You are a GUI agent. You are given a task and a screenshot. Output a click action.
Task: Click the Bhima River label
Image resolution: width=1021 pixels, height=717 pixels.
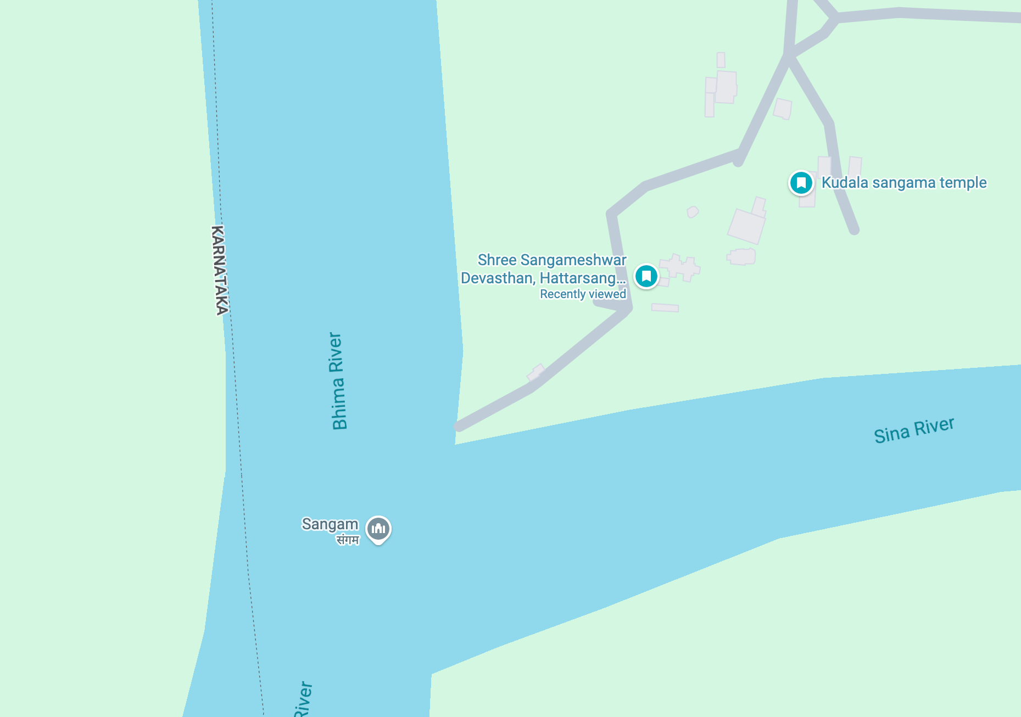(337, 381)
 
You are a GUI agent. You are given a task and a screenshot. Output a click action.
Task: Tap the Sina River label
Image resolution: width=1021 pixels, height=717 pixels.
(914, 430)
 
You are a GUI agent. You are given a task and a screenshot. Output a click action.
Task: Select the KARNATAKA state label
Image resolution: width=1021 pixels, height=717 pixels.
(220, 270)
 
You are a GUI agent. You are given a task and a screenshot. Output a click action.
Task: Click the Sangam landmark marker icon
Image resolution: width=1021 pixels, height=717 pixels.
(378, 529)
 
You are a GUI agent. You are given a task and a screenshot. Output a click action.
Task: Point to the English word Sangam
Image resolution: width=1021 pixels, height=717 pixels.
(330, 524)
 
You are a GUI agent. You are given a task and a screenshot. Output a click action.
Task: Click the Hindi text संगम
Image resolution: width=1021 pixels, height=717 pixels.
(348, 540)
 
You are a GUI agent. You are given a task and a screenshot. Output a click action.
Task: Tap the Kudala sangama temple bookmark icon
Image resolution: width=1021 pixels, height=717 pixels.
(801, 183)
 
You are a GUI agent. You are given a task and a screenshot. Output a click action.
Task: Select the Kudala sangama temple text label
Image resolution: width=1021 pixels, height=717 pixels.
(903, 183)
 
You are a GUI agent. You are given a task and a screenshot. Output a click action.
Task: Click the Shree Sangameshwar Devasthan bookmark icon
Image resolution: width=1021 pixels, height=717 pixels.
(646, 276)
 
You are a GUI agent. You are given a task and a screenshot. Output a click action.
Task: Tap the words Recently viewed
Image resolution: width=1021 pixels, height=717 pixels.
(583, 294)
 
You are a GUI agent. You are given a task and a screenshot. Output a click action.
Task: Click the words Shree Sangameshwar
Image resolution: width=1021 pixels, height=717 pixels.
(551, 260)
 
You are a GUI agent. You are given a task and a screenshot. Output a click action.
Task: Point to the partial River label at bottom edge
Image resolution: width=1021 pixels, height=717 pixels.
(303, 699)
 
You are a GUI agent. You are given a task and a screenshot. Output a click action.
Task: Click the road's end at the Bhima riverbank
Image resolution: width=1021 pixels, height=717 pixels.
(459, 427)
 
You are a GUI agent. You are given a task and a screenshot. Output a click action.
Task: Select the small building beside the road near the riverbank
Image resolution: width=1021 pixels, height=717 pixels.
(535, 373)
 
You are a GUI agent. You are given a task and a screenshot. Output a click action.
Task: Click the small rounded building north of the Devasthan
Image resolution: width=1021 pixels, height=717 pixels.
(693, 212)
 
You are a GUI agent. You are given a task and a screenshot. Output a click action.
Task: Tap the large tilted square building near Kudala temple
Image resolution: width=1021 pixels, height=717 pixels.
(746, 226)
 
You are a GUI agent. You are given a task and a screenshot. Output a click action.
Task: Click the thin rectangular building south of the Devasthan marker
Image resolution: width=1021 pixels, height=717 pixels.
(665, 307)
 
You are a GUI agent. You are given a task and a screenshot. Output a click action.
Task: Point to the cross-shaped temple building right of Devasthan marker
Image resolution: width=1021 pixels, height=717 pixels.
(680, 268)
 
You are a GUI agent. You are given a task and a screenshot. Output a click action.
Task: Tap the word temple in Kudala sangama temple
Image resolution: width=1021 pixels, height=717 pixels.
(963, 183)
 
